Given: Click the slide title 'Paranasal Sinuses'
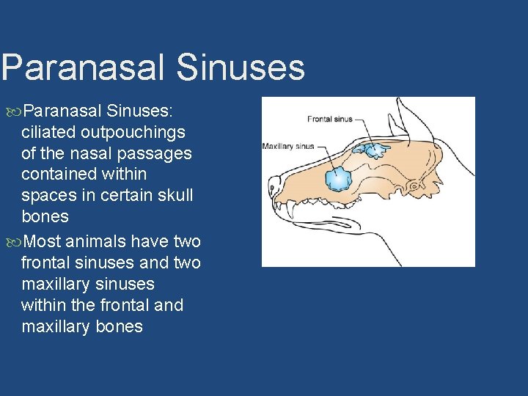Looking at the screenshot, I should pyautogui.click(x=153, y=67).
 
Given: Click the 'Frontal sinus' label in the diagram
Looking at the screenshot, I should pyautogui.click(x=329, y=119).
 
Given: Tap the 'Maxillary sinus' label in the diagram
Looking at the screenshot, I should pyautogui.click(x=288, y=146).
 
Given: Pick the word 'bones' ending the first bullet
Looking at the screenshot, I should pyautogui.click(x=45, y=217).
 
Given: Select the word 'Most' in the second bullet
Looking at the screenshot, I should pyautogui.click(x=42, y=241).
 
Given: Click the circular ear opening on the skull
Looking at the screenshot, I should pyautogui.click(x=414, y=187).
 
